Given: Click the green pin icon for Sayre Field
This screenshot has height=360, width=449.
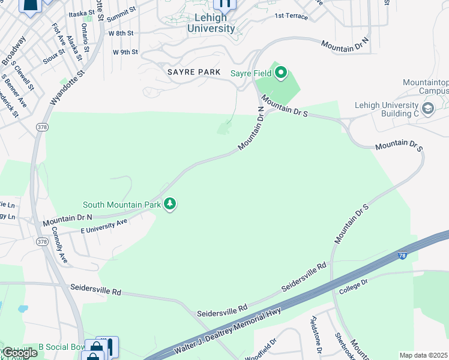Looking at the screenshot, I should point(280,74).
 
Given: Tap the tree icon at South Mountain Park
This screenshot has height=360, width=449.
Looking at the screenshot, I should point(170,205).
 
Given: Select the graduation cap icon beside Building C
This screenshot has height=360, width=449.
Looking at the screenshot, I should point(427,109).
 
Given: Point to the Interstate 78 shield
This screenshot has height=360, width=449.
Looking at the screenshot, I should point(402,256).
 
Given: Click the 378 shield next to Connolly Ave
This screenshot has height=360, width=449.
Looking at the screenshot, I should point(41,241).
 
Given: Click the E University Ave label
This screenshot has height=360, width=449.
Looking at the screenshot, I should point(104,226).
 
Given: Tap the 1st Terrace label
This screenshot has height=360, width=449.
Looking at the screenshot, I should point(291,16).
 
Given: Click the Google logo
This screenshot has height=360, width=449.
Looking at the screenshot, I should point(20,352).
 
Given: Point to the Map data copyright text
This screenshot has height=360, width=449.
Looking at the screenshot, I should point(424,355).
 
